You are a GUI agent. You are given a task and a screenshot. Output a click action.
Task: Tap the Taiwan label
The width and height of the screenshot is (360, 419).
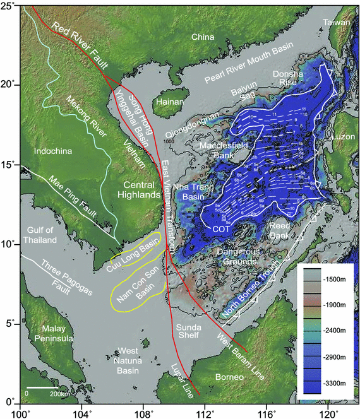pos(336,23)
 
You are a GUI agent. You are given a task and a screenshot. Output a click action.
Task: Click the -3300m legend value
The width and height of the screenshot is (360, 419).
pos(332,382)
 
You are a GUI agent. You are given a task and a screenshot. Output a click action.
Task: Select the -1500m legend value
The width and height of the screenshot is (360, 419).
pos(332,278)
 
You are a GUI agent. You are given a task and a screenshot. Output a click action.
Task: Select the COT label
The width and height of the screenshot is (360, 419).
pos(220,228)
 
